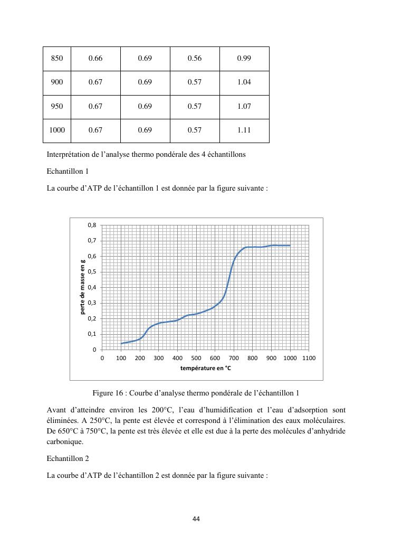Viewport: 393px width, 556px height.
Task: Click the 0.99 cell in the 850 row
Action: [x=244, y=58]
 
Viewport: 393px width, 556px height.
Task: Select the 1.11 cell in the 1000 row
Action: [x=244, y=130]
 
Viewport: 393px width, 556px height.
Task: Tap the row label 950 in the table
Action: [x=56, y=106]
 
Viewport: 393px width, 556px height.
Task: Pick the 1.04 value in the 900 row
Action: [x=244, y=82]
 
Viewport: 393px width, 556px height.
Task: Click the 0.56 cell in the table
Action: [x=195, y=58]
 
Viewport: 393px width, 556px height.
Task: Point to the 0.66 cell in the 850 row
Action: [x=95, y=58]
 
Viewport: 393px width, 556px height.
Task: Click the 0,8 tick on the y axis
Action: [x=92, y=225]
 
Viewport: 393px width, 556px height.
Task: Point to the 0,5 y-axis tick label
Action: [x=92, y=272]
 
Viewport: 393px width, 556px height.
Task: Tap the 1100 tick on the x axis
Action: [x=309, y=358]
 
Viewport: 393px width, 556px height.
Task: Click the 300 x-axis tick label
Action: [x=158, y=358]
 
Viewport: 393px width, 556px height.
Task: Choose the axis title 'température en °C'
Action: [x=206, y=368]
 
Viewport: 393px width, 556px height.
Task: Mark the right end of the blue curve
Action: [x=290, y=246]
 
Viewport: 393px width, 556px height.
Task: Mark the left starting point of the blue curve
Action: [x=121, y=344]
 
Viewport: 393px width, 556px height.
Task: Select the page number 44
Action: [x=196, y=519]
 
